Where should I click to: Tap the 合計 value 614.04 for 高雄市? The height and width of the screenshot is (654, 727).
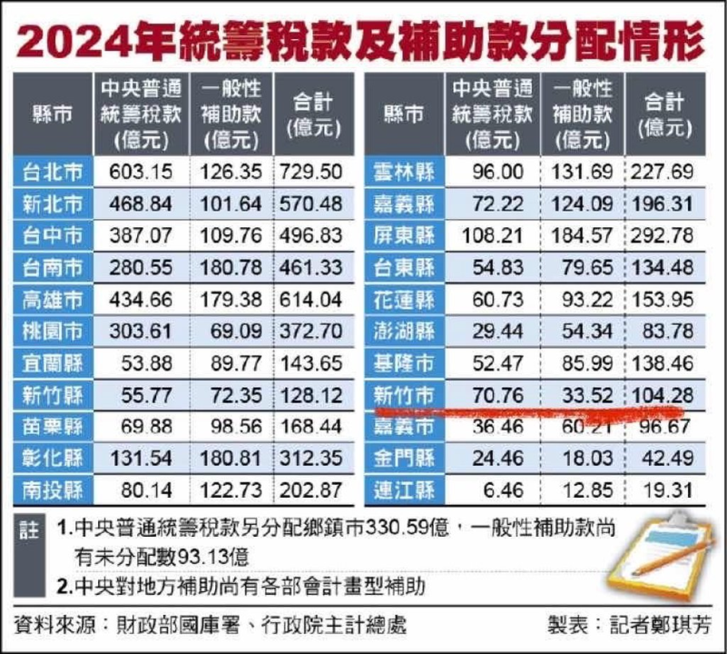(x=310, y=302)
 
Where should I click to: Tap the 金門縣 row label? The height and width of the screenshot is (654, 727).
(x=403, y=459)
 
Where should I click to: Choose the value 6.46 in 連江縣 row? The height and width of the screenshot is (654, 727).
(x=500, y=491)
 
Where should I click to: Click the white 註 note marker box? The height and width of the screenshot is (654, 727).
(x=28, y=528)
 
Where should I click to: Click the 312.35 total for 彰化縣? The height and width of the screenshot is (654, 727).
(x=310, y=459)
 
